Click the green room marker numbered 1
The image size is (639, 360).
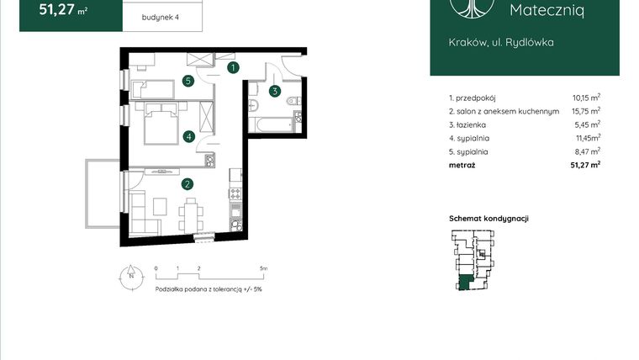click(234, 66)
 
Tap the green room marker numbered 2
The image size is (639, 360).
click(188, 183)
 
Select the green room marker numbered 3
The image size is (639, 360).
click(274, 91)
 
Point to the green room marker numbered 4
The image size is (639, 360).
click(189, 135)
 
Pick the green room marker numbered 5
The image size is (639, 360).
click(189, 82)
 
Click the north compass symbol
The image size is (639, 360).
click(130, 274)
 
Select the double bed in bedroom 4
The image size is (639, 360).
click(159, 123)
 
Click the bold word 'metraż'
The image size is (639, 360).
click(462, 166)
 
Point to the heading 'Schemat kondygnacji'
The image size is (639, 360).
click(488, 218)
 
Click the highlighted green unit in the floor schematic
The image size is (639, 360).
click(463, 283)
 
